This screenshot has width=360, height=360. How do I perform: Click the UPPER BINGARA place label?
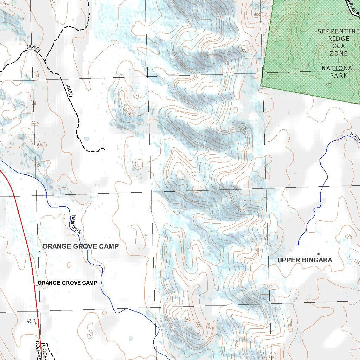pyautogui.click(x=304, y=260)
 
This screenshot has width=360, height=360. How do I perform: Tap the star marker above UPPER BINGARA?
pyautogui.click(x=319, y=253)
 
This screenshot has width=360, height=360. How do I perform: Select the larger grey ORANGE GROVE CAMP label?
pyautogui.click(x=81, y=246)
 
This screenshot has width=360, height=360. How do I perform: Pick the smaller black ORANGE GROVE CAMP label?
pyautogui.click(x=67, y=283)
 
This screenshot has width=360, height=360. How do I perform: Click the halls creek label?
pyautogui.click(x=76, y=225)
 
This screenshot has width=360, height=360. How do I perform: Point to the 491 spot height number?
pyautogui.click(x=31, y=321)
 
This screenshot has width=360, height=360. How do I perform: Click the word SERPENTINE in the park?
pyautogui.click(x=339, y=31)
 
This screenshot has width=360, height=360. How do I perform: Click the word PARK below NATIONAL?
pyautogui.click(x=339, y=75)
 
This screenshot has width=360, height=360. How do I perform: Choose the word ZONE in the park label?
pyautogui.click(x=339, y=53)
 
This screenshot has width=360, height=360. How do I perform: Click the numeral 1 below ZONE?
pyautogui.click(x=339, y=61)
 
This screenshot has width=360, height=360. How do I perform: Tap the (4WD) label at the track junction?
pyautogui.click(x=34, y=49)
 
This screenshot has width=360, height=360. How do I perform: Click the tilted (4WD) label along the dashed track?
pyautogui.click(x=69, y=90)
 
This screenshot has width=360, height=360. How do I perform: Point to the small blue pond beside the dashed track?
pyautogui.click(x=86, y=139)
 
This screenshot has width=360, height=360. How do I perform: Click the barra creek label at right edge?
pyautogui.click(x=355, y=136)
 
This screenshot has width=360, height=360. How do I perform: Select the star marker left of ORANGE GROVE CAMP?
pyautogui.click(x=39, y=251)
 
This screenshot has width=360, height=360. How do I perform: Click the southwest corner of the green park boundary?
pyautogui.click(x=261, y=85)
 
